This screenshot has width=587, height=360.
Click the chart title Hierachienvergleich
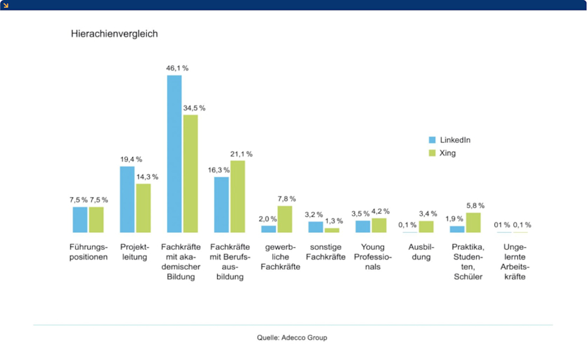pyautogui.click(x=114, y=33)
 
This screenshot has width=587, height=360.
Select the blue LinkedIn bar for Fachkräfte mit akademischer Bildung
pyautogui.click(x=174, y=154)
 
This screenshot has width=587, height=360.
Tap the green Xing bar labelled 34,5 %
pyautogui.click(x=190, y=173)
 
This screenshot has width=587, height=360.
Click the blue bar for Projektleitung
pyautogui.click(x=127, y=200)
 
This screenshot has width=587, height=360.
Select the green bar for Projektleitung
pyautogui.click(x=143, y=208)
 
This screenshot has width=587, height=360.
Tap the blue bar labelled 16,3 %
pyautogui.click(x=222, y=205)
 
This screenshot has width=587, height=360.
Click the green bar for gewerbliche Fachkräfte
pyautogui.click(x=284, y=219)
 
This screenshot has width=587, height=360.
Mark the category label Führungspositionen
pyautogui.click(x=89, y=252)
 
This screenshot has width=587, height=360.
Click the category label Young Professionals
pyautogui.click(x=372, y=256)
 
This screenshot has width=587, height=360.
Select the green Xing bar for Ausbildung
pyautogui.click(x=426, y=227)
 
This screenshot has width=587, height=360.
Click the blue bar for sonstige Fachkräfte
pyautogui.click(x=316, y=227)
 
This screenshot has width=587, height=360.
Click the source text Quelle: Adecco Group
pyautogui.click(x=292, y=338)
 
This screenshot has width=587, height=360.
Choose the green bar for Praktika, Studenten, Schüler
pyautogui.click(x=474, y=222)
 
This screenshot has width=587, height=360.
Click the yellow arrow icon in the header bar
pyautogui.click(x=5, y=5)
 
